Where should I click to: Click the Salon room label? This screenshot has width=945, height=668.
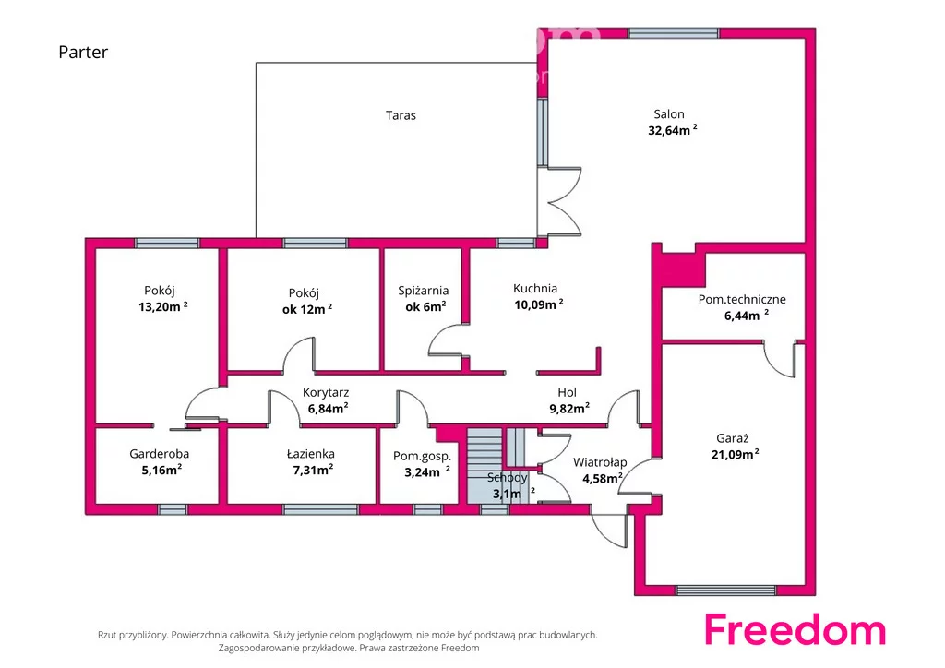coord(668,113)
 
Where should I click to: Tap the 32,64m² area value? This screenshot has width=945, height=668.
coord(672,130)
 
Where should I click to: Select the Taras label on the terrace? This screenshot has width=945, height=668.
coord(401,115)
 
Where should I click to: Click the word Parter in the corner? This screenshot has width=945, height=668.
coord(83,52)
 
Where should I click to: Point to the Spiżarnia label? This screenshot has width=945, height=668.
coord(423,291)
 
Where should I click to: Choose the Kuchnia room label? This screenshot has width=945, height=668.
coord(535,289)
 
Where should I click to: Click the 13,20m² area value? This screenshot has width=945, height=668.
coord(162,306)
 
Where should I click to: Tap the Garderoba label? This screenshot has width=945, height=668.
coord(159,454)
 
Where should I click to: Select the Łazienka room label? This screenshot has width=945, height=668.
coord(310,454)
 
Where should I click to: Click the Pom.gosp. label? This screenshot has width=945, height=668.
coord(422,457)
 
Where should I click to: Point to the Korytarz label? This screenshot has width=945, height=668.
coord(326,393)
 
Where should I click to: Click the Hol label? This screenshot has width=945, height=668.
coord(568,392)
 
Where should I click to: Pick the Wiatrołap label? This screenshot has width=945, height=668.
coord(600,462)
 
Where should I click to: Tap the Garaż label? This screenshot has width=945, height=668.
coord(732,438)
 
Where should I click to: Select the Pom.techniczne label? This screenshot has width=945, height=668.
coord(742,299)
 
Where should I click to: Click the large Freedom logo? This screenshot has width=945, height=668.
coord(795,630)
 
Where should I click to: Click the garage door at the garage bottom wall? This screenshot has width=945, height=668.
coord(725,590)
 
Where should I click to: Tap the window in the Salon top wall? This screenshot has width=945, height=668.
coord(673,32)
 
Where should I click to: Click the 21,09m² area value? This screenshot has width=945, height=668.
coord(735,454)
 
